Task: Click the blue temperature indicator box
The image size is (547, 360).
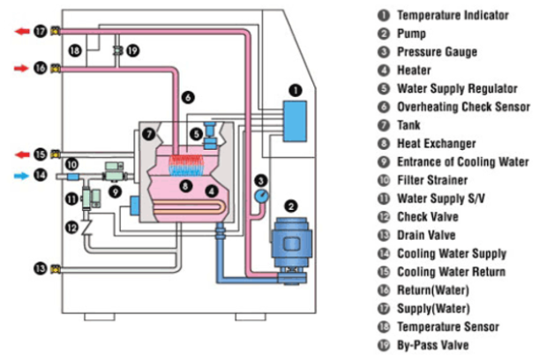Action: click(295, 122)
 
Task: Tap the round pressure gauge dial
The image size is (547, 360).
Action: click(262, 196)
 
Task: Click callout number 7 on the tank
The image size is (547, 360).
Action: click(149, 134)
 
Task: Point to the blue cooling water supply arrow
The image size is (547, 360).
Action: click(21, 176)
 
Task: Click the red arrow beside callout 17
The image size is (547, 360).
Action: click(22, 32)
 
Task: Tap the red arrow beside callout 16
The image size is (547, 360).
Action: click(21, 68)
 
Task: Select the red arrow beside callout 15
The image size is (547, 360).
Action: click(22, 154)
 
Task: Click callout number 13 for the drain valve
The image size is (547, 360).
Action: click(40, 268)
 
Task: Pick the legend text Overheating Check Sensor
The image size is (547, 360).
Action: click(463, 107)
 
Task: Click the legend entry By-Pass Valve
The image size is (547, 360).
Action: click(433, 345)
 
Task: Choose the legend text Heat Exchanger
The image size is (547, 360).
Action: click(437, 143)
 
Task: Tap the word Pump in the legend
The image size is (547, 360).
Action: click(412, 34)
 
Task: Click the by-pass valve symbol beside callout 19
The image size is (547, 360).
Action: click(117, 51)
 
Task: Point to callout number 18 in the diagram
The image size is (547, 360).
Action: click(75, 51)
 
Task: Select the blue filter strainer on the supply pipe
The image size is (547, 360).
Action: click(72, 176)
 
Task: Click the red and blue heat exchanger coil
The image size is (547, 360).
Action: click(186, 165)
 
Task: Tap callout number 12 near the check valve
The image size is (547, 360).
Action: click(71, 228)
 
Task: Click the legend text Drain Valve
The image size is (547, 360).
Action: click(426, 235)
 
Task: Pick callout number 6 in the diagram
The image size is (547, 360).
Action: click(188, 97)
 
